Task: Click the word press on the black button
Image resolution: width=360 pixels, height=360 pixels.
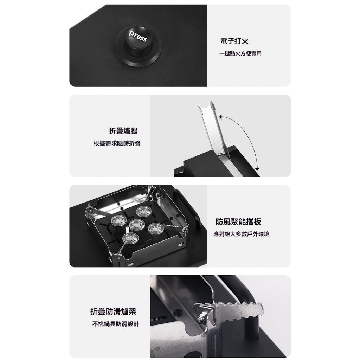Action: tap(138, 36)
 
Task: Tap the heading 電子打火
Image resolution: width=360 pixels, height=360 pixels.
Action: tap(234, 41)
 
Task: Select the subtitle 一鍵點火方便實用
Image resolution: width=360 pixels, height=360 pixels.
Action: tap(240, 54)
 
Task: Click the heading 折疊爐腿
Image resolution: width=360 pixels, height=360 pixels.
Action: tap(123, 131)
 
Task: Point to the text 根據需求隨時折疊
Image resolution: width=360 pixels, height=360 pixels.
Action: tap(117, 143)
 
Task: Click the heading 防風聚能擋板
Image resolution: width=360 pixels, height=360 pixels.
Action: tap(238, 221)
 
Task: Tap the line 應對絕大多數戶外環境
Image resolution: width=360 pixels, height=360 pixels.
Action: tap(241, 234)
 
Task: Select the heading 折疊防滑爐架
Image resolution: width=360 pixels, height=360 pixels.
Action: tap(113, 311)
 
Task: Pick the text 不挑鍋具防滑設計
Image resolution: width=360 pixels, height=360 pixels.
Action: tap(115, 324)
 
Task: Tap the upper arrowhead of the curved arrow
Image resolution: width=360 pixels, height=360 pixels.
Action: tap(220, 117)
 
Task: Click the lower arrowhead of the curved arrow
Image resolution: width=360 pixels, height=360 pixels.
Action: tap(257, 169)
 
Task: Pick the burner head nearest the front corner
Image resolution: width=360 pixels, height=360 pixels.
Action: tap(130, 239)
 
